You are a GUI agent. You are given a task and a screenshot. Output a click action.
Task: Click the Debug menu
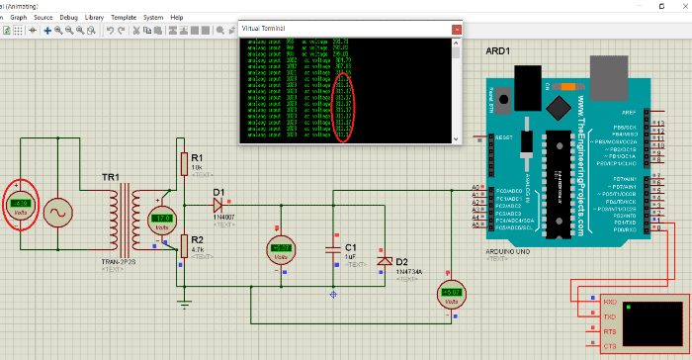[x=68, y=17]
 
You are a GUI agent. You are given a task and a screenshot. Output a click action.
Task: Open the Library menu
[x=95, y=17]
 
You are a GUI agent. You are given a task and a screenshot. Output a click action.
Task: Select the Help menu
[x=176, y=17]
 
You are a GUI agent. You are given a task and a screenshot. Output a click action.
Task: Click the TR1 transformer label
[x=111, y=178]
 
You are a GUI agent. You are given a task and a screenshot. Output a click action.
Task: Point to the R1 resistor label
[x=197, y=157]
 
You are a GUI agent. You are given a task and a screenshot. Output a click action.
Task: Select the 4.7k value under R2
[x=197, y=251]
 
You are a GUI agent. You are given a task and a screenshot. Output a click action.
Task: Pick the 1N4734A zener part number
[x=408, y=271]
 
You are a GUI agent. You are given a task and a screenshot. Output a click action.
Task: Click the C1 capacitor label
[x=350, y=246]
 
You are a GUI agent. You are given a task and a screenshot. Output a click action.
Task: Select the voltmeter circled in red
[x=20, y=204]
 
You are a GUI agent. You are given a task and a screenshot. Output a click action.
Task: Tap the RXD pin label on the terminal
[x=610, y=301]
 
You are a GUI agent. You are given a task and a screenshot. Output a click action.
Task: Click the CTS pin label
[x=610, y=347]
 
